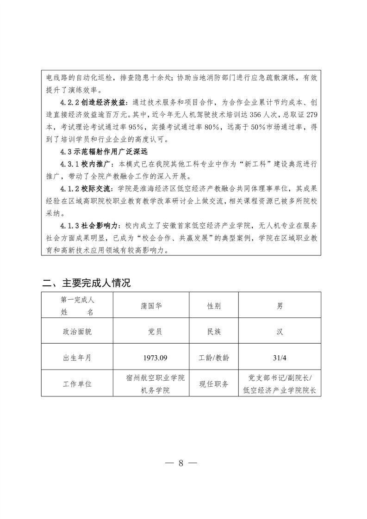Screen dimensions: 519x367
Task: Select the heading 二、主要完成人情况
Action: [86, 283]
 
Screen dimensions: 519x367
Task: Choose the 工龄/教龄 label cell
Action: [213, 358]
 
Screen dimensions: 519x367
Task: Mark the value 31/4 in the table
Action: [280, 358]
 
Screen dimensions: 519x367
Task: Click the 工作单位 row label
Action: [77, 384]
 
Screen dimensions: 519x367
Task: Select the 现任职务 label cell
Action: [213, 384]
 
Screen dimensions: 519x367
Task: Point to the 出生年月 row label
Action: [77, 358]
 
